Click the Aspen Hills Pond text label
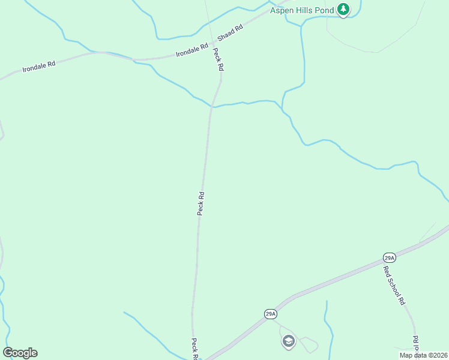point(301,10)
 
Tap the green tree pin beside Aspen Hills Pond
point(343,10)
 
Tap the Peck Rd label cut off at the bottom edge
point(195,349)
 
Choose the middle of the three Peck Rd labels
point(201,203)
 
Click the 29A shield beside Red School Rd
point(389,258)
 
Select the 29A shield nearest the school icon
point(270,314)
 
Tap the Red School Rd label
point(395,284)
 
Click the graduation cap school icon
point(288,341)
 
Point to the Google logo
point(20,353)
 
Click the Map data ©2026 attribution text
point(423,355)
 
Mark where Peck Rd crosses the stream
point(212,107)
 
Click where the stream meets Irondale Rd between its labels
point(133,59)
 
